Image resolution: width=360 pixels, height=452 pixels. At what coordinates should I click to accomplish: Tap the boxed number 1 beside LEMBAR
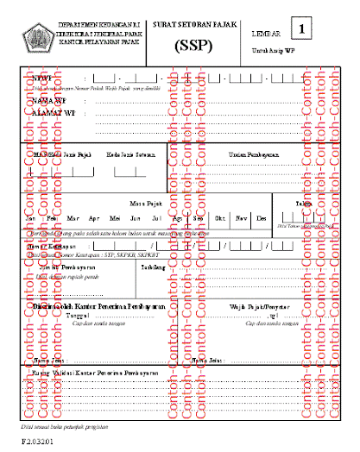[303, 30]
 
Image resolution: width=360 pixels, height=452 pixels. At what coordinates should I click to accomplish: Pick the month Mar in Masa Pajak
[73, 218]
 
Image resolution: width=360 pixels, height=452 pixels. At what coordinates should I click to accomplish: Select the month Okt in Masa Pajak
[220, 218]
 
